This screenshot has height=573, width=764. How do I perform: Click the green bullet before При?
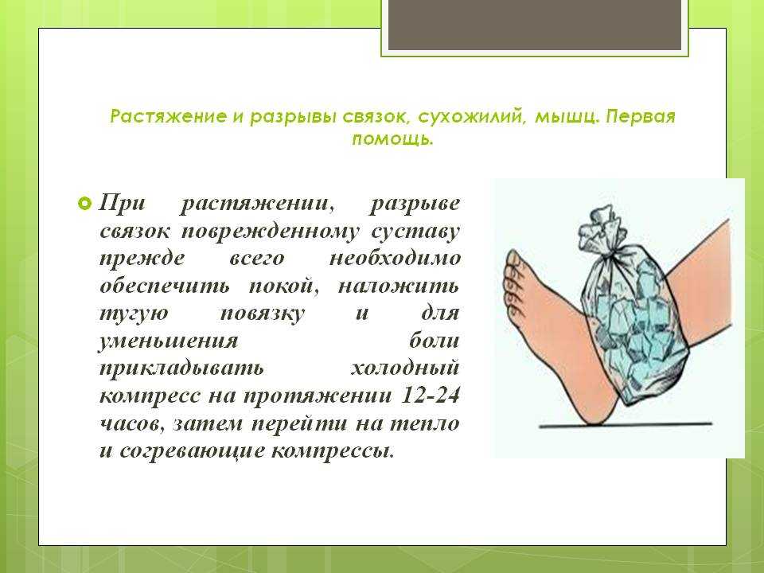point(84,203)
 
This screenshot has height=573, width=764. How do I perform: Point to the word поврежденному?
point(271,231)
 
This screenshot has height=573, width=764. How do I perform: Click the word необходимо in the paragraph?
point(395,258)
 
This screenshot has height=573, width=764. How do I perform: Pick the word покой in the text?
point(284,286)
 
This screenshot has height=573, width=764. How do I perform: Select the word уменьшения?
point(169,341)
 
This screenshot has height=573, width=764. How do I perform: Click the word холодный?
point(405,368)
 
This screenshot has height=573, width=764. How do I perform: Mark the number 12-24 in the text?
point(430,395)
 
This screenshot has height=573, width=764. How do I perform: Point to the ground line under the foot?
point(626,425)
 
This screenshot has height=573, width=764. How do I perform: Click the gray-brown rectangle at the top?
point(535,25)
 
